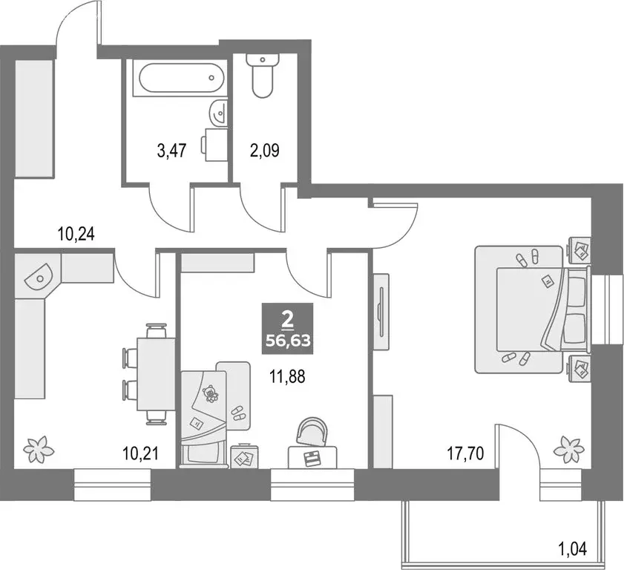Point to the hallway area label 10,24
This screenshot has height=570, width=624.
(76, 235)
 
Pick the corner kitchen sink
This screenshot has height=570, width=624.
(38, 276)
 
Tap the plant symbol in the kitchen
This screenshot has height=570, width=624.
(35, 448)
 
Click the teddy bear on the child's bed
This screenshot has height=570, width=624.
(211, 393)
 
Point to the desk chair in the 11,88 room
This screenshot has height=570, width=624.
(312, 432)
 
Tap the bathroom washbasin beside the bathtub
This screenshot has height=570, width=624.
(218, 114)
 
